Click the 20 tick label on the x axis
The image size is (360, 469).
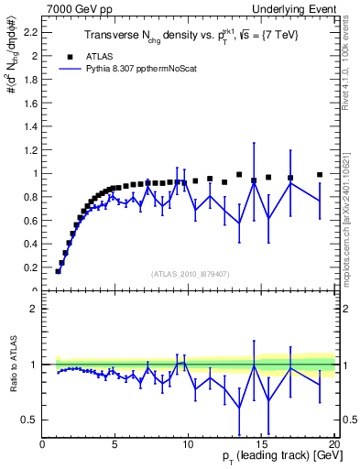click(333, 444)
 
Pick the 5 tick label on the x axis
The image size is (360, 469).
click(115, 444)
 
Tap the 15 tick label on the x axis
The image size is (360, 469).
click(261, 444)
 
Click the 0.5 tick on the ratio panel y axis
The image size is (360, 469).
click(30, 420)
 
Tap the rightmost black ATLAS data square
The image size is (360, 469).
click(320, 174)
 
